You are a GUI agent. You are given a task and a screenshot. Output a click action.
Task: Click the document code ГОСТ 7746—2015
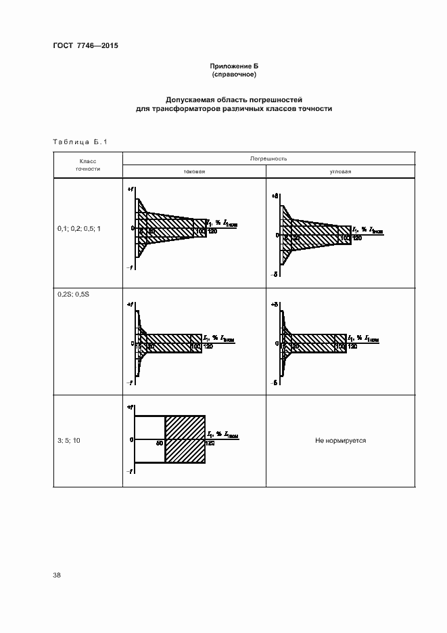[x=80, y=47]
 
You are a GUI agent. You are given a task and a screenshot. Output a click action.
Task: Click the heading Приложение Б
[x=233, y=66]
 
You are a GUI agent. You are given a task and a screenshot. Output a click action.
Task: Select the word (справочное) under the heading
[x=233, y=74]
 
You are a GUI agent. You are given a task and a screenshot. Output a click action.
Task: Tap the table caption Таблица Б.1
[x=79, y=141]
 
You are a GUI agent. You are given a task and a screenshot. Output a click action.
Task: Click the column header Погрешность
[x=268, y=158]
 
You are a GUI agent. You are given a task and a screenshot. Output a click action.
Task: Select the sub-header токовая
[x=194, y=172]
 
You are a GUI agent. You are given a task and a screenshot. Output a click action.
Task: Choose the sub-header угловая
[x=340, y=172]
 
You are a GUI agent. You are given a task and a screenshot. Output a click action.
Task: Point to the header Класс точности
[x=89, y=165]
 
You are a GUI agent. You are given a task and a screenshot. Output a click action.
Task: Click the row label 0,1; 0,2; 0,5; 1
[x=79, y=229]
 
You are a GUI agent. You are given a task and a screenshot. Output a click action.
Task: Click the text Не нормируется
[x=340, y=441]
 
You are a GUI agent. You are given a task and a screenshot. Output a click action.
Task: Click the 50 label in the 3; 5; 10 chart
[x=160, y=443]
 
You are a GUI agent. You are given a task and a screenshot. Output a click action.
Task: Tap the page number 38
[x=57, y=575]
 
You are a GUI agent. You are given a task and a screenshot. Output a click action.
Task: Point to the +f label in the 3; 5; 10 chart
[x=129, y=408]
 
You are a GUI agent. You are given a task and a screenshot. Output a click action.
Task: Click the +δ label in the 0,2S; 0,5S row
[x=275, y=305]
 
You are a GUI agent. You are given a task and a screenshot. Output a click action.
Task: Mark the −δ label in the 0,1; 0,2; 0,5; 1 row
[x=275, y=274]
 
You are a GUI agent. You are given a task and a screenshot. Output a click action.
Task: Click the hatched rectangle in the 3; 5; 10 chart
[x=185, y=439]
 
